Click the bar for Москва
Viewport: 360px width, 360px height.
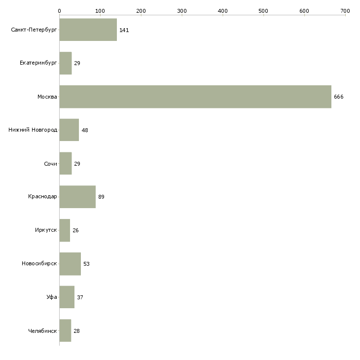(195, 97)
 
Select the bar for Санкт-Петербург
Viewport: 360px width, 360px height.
(88, 30)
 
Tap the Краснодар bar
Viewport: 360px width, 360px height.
(77, 197)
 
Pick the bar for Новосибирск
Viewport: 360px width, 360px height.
(70, 264)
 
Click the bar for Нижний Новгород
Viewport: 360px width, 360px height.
(69, 130)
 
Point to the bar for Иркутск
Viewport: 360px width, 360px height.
(65, 230)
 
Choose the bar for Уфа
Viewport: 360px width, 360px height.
(67, 297)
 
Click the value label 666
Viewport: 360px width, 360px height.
(338, 97)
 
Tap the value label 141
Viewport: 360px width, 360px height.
(124, 31)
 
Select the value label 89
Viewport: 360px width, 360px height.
(101, 197)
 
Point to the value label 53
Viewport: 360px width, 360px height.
(86, 264)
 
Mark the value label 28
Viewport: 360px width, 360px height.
(76, 331)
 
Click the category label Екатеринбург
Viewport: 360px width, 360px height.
(38, 64)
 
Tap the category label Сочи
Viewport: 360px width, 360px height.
(50, 164)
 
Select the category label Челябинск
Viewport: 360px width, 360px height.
(43, 331)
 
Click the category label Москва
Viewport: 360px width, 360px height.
(47, 97)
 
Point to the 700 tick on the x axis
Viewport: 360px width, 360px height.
(345, 10)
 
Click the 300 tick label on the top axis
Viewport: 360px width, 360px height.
(182, 10)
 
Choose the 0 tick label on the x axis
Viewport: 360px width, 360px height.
(59, 10)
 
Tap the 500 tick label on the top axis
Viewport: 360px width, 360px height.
(263, 10)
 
